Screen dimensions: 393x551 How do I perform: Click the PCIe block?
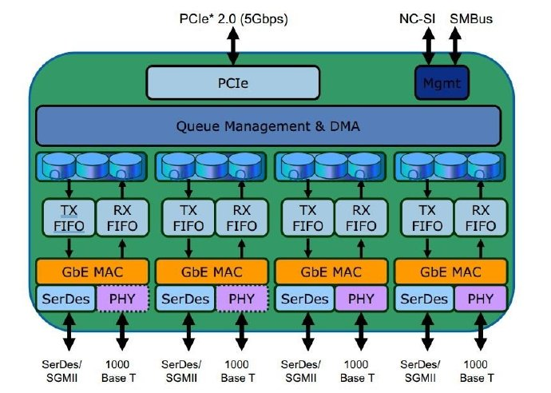point(232,81)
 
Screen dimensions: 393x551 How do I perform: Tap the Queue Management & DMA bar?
point(268,125)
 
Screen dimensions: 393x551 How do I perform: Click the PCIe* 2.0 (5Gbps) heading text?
point(232,17)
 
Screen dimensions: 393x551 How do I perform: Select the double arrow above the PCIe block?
point(232,46)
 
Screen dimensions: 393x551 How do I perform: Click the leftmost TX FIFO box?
point(69,216)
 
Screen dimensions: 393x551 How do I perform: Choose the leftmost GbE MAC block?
point(92,270)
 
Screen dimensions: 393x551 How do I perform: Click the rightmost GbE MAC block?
point(451,270)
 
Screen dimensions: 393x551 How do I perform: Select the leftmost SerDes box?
point(66,299)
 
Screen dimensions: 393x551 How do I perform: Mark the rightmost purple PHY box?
point(480,299)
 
